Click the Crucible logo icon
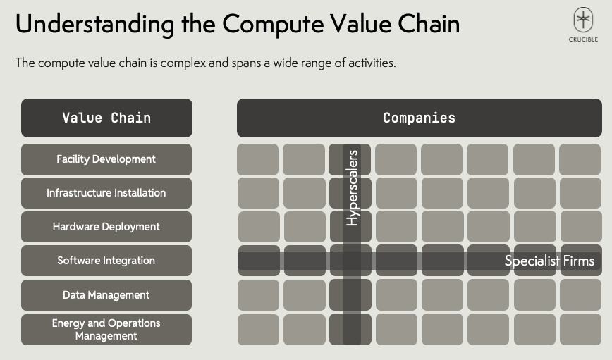coord(583,20)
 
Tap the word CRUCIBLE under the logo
coord(583,39)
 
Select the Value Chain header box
coord(106,118)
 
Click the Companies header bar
coord(420,118)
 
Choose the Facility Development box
coord(106,159)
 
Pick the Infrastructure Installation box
coord(106,192)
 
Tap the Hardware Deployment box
coord(106,227)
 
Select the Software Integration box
coord(106,261)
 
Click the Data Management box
coord(106,295)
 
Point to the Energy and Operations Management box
coord(106,330)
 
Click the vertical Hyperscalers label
coord(352,188)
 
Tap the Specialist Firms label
coord(549,261)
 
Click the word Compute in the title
coord(273,24)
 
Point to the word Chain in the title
coord(429,23)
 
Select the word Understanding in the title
coord(95,25)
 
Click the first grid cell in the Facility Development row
coord(257,159)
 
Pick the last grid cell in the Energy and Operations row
coord(580,330)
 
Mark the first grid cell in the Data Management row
coord(258,295)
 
